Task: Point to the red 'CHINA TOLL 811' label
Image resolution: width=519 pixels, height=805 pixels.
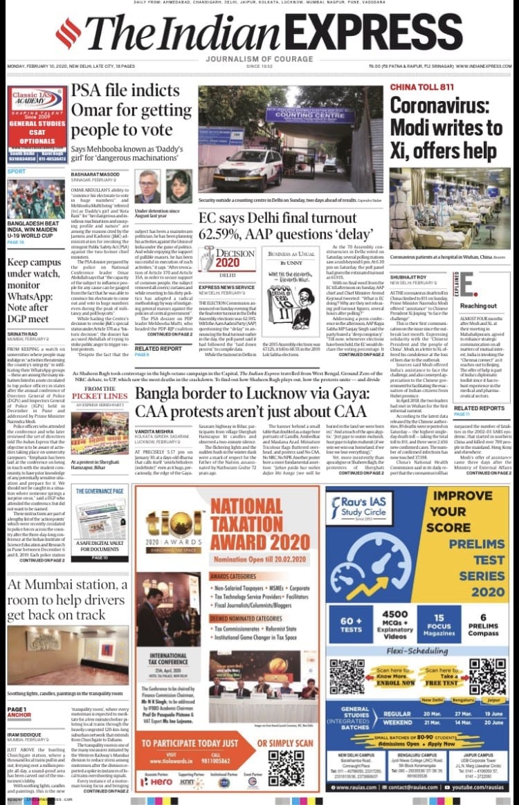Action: [422, 87]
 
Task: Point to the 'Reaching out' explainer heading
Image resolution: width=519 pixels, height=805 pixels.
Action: [479, 305]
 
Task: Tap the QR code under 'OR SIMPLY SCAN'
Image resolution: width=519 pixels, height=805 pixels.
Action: [286, 767]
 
